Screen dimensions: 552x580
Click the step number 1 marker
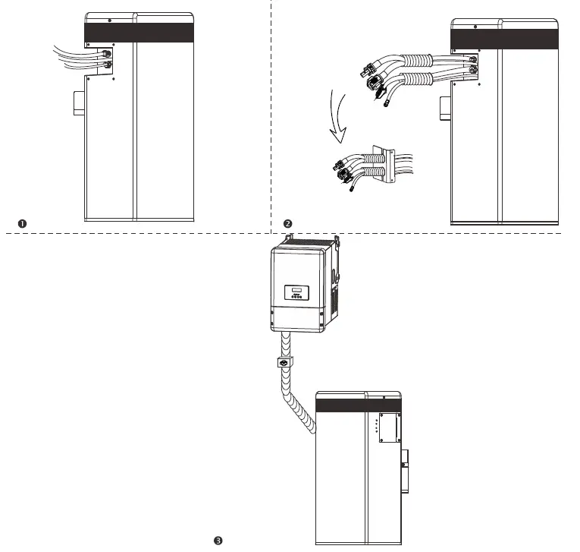pyautogui.click(x=23, y=222)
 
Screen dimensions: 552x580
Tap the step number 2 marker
pyautogui.click(x=288, y=223)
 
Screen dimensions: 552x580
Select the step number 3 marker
pyautogui.click(x=218, y=541)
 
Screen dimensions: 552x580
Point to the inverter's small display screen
pyautogui.click(x=295, y=290)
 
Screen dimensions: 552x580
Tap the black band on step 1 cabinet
pyautogui.click(x=138, y=32)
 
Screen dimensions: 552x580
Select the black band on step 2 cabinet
pyautogui.click(x=506, y=39)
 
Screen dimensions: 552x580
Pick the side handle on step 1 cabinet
pyautogui.click(x=78, y=103)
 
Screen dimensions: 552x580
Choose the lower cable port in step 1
pyautogui.click(x=108, y=66)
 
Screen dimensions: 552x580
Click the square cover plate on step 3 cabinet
pyautogui.click(x=389, y=428)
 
